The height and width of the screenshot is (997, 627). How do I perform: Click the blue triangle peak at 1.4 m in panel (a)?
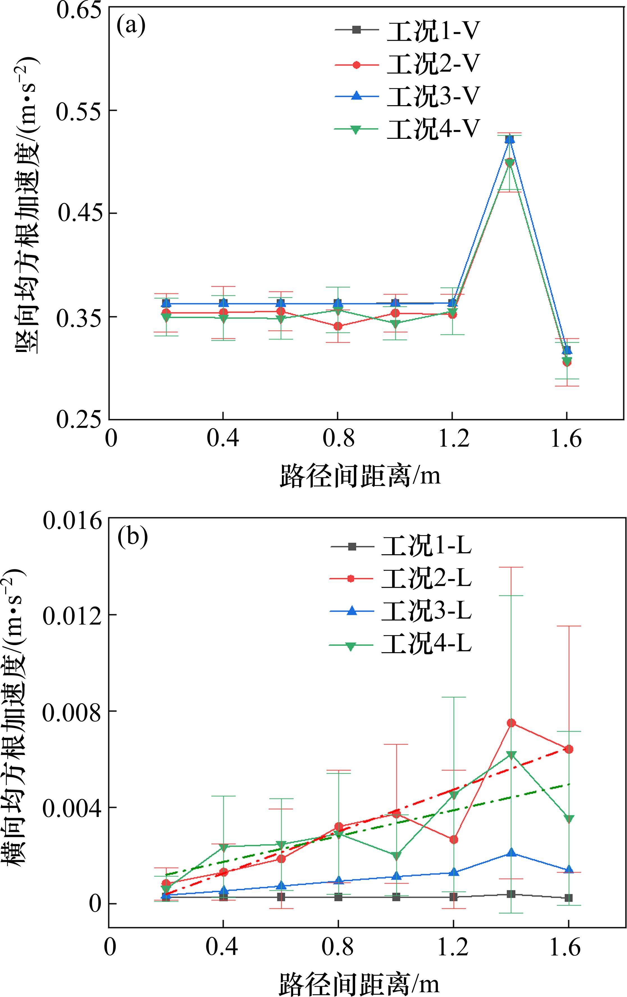pyautogui.click(x=509, y=139)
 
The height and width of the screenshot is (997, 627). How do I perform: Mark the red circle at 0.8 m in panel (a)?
pyautogui.click(x=338, y=326)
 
